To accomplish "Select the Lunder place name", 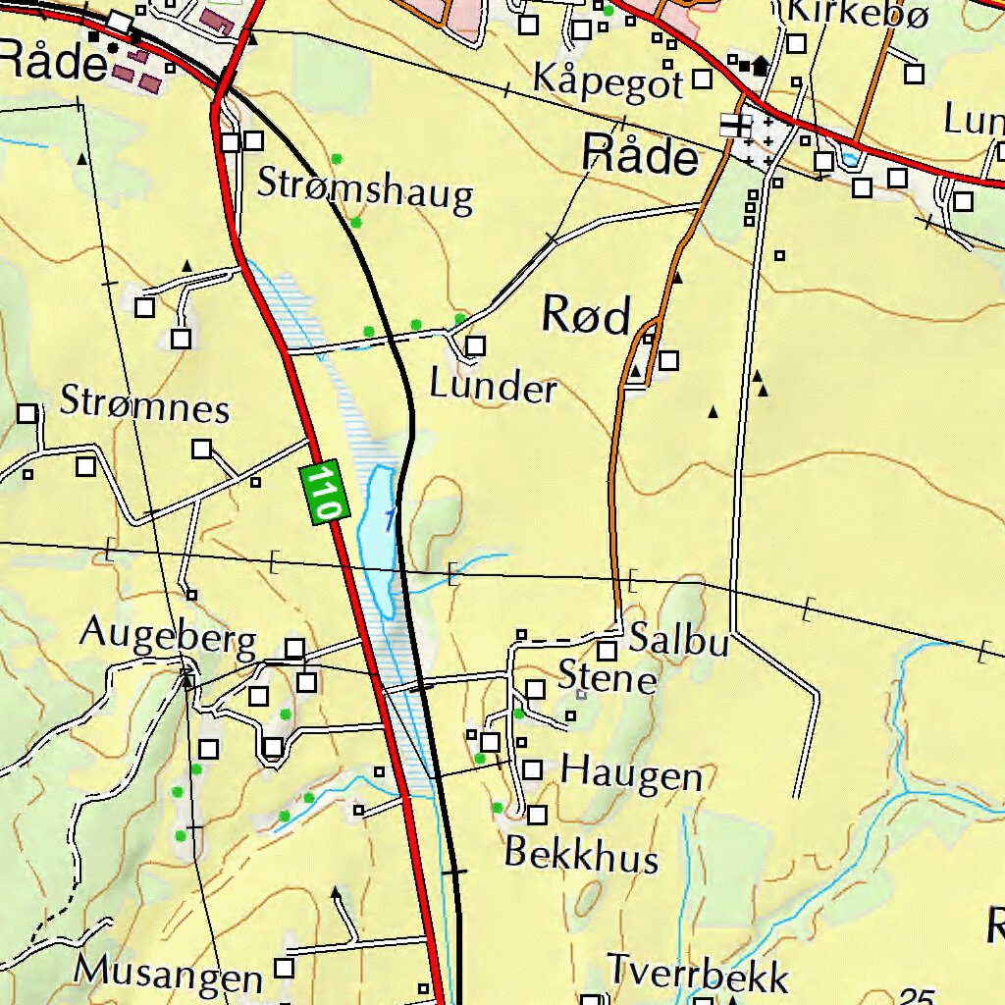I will click(x=493, y=388).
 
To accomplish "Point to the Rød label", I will click(x=586, y=316).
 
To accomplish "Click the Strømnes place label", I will click(x=145, y=403).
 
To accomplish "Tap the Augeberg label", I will click(x=168, y=636).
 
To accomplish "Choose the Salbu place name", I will click(x=679, y=640).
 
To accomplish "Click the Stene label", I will click(x=607, y=677).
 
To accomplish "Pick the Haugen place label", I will click(x=631, y=775).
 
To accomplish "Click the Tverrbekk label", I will click(x=698, y=974).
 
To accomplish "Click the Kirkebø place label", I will click(x=858, y=13).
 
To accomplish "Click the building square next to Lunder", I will click(x=476, y=345).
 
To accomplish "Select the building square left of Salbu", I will click(x=608, y=650).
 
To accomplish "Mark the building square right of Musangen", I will click(x=284, y=969).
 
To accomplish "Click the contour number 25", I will click(x=917, y=996).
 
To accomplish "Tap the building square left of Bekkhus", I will click(x=537, y=815).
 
